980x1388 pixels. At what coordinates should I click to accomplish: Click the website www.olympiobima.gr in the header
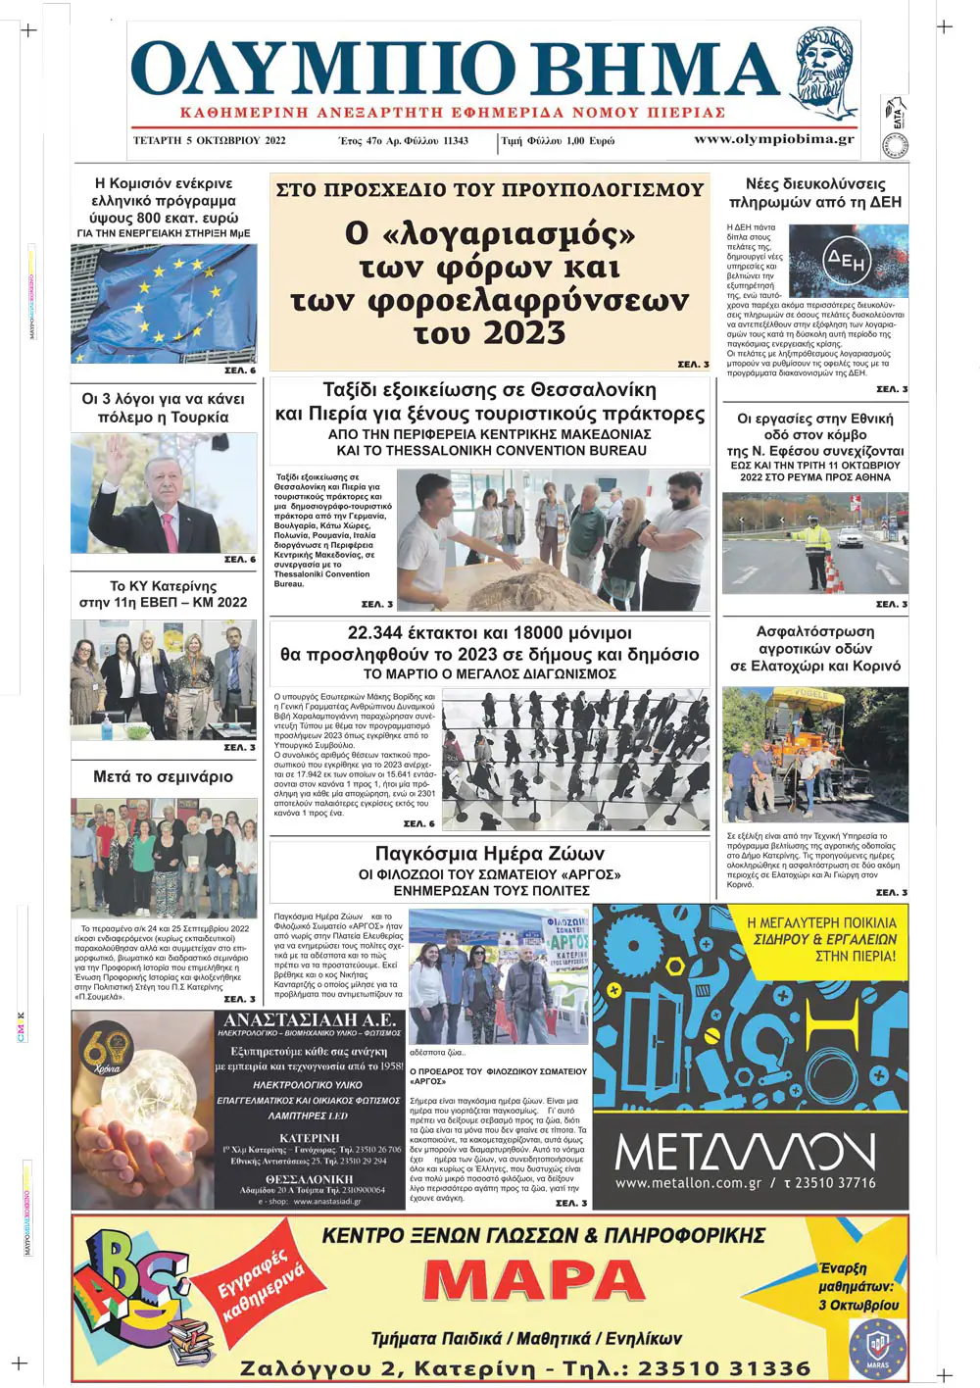(x=773, y=139)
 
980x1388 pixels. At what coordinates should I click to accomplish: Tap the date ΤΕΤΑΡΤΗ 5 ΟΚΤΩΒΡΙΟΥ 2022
(x=210, y=140)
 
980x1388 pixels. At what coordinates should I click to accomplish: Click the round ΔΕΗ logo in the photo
(x=846, y=260)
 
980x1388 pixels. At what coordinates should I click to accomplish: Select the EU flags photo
(x=164, y=303)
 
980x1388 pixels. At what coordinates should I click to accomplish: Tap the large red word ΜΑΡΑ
(x=534, y=1280)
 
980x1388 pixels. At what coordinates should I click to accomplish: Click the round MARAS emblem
(x=876, y=1348)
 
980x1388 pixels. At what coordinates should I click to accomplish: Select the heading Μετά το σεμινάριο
(x=163, y=777)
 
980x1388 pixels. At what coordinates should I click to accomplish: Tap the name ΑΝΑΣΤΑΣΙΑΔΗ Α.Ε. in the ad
(x=310, y=1020)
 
